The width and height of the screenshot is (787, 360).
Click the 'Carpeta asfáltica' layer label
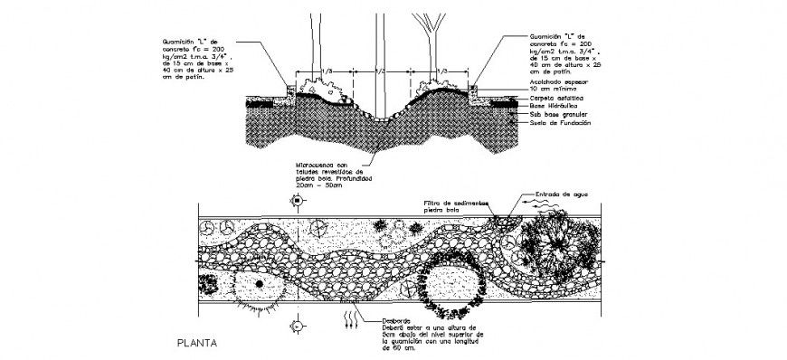[x=555, y=96]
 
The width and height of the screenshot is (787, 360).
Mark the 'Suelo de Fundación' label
[x=560, y=123]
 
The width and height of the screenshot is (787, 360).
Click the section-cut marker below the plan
[x=296, y=323]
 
